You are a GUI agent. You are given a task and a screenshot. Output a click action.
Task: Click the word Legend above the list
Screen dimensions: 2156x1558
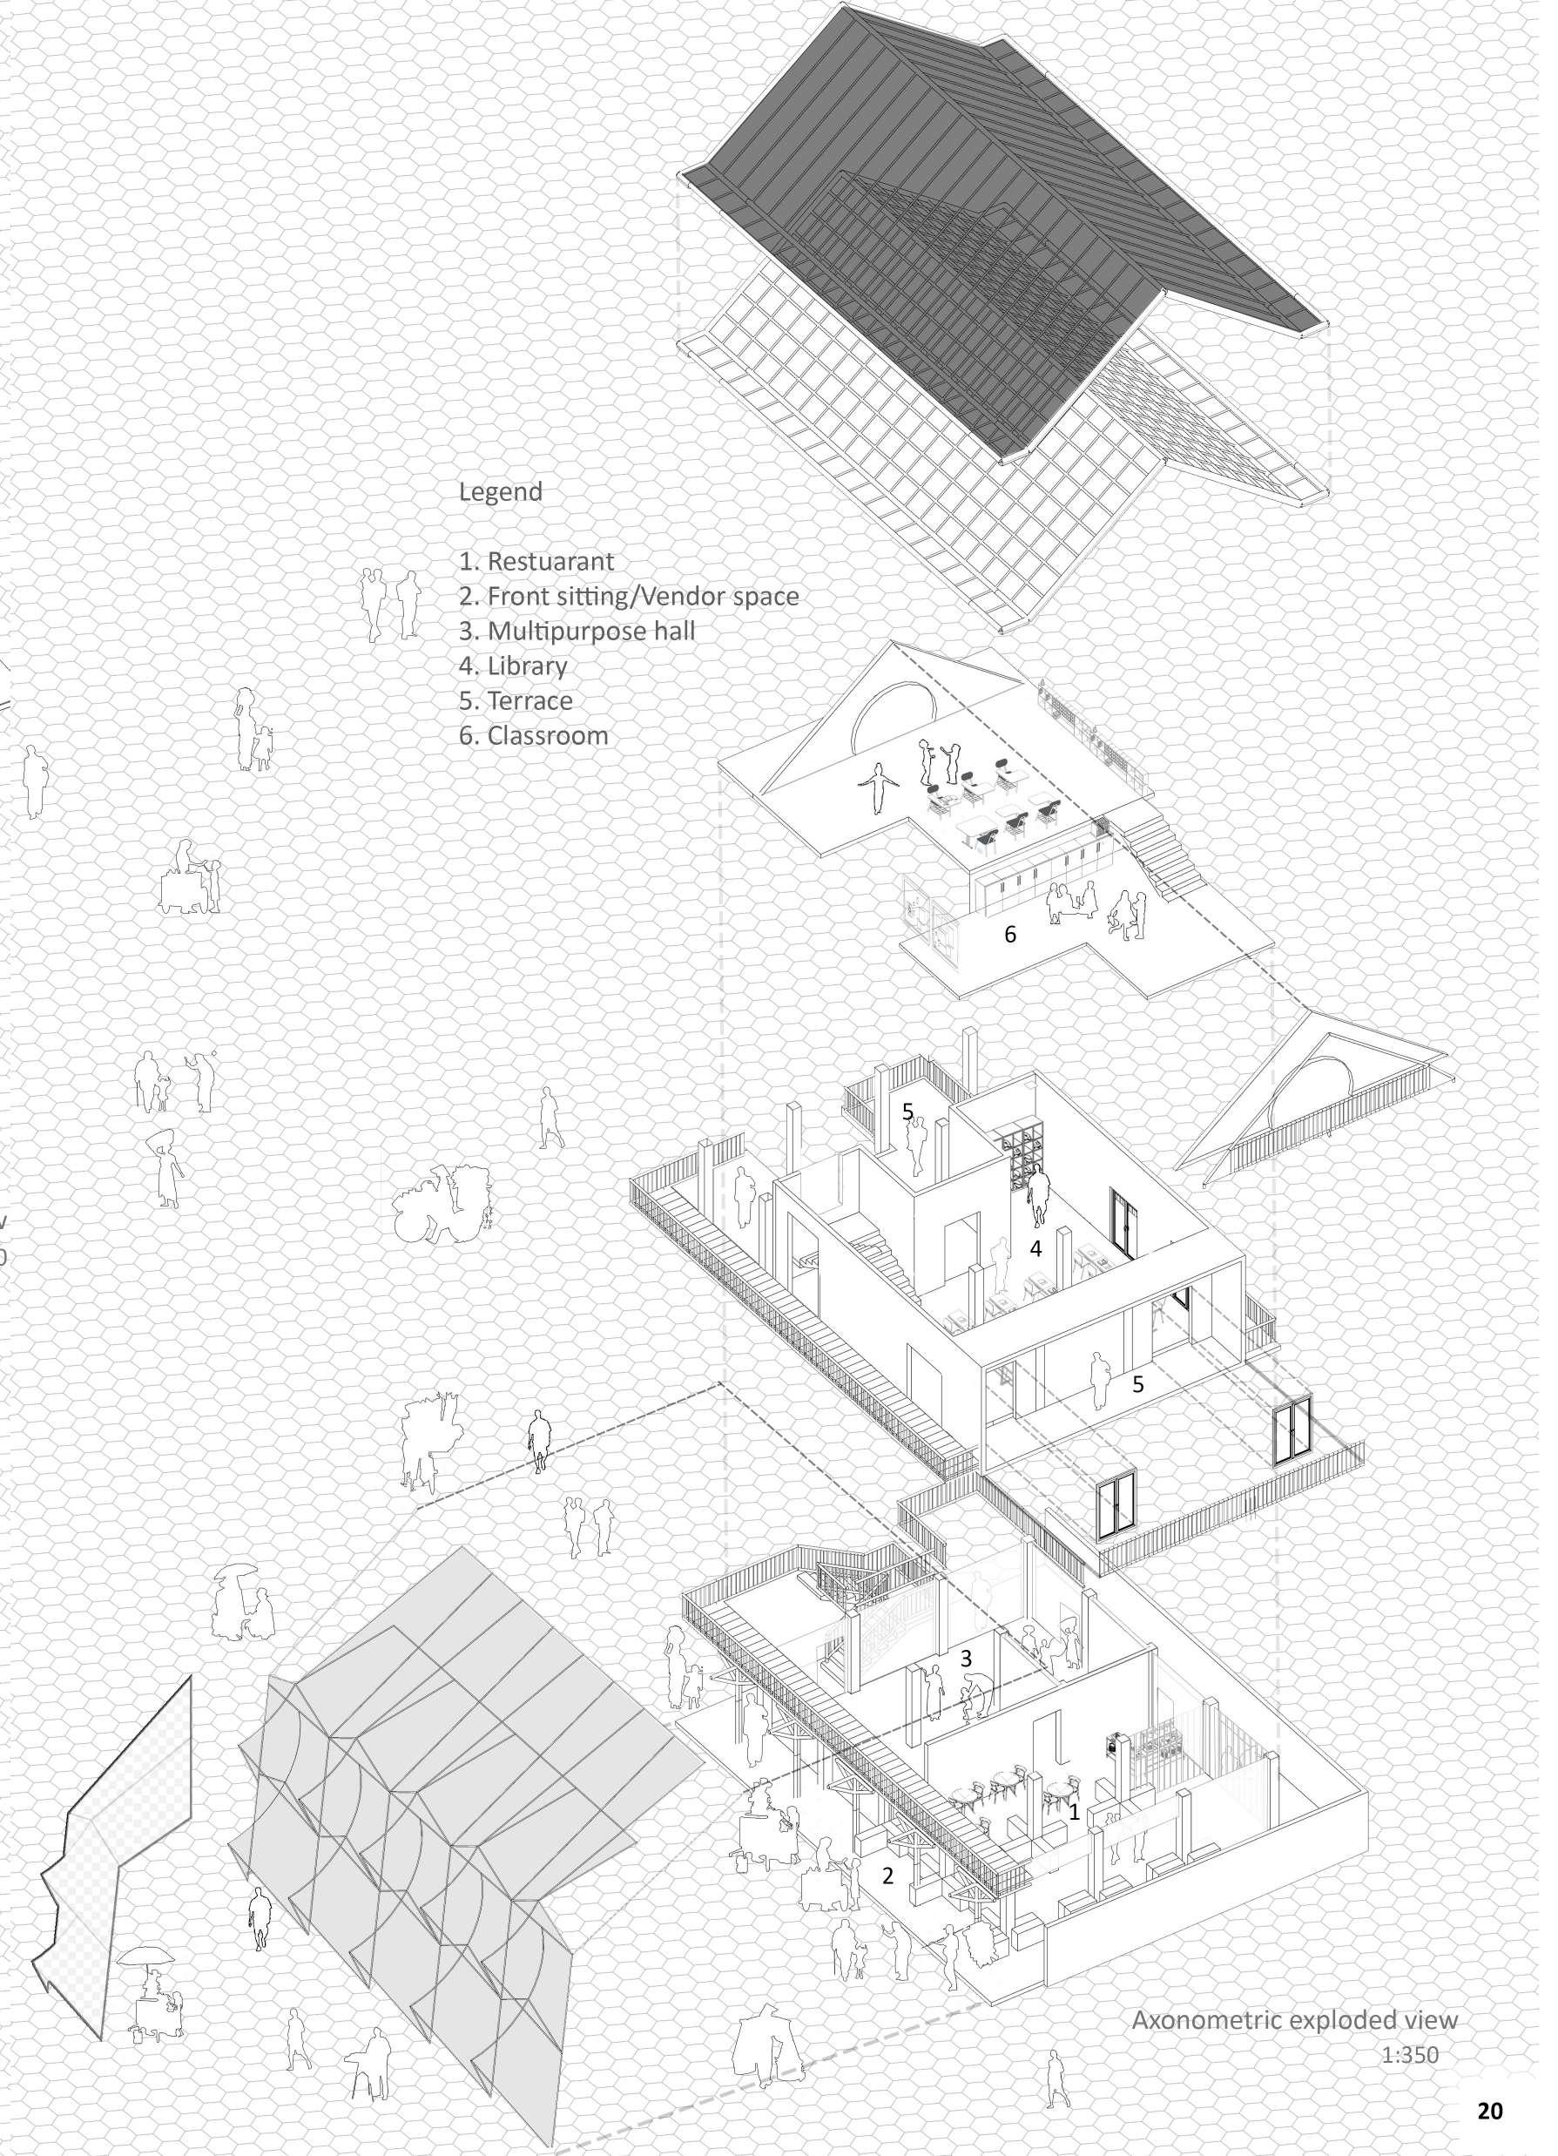[x=500, y=492]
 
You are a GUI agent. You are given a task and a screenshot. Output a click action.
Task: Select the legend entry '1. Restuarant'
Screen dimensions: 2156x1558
[x=536, y=561]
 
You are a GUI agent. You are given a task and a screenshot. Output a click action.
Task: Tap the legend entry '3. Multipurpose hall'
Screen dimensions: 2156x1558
[x=577, y=632]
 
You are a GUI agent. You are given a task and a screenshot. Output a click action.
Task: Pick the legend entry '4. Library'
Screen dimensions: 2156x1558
[x=513, y=666]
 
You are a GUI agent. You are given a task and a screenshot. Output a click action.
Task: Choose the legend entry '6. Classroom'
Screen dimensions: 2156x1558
[x=533, y=735]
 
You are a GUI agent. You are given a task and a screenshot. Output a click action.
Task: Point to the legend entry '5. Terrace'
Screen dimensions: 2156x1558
[x=516, y=700]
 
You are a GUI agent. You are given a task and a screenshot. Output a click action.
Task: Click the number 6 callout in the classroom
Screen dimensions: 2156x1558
[x=1010, y=935]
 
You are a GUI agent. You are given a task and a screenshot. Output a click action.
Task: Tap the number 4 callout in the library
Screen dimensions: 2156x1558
[x=1037, y=1249]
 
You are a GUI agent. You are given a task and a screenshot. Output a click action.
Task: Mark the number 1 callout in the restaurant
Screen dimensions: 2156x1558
[x=1074, y=1812]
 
